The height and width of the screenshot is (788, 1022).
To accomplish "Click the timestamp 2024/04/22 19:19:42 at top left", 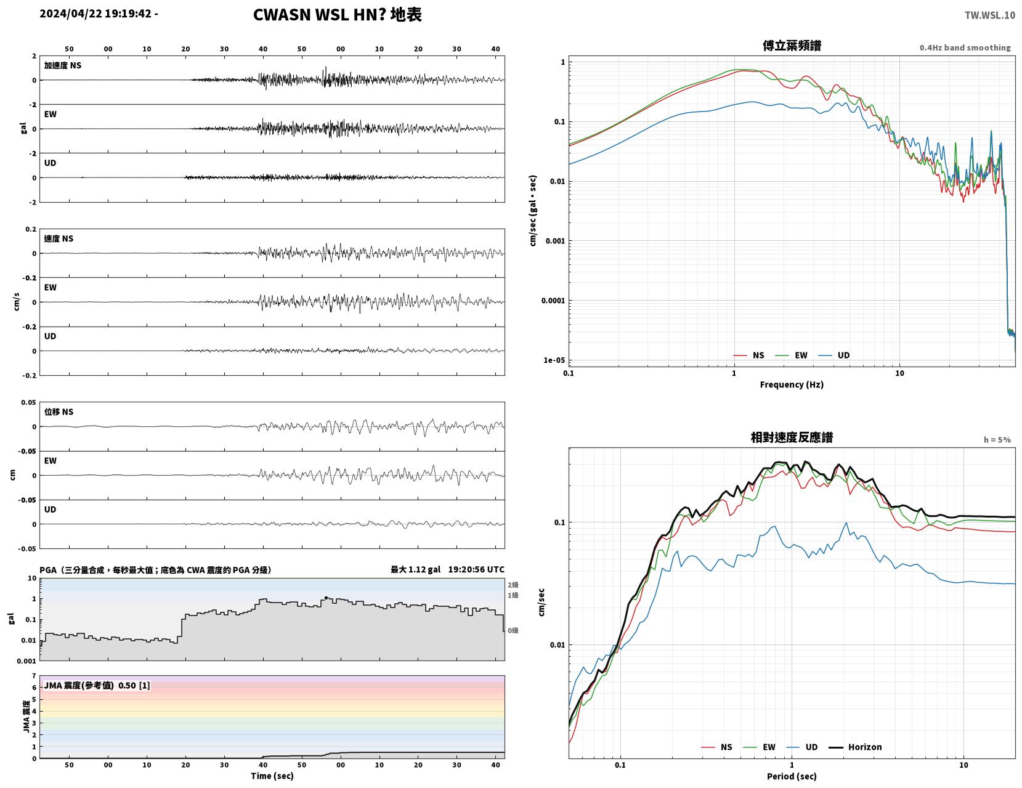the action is (95, 14).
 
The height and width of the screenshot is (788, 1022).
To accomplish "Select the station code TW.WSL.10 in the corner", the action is (990, 15).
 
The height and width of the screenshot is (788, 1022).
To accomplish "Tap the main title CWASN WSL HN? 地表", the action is (337, 15).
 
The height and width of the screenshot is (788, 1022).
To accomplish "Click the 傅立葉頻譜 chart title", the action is (792, 46).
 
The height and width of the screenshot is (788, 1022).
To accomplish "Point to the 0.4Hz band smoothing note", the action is (965, 47).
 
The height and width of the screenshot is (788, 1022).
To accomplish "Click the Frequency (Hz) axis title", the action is (792, 384).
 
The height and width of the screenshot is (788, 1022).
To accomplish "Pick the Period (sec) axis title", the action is (792, 776).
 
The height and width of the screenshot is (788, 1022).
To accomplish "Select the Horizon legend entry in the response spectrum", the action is (855, 747).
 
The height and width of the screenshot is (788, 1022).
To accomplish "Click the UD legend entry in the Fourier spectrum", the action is (834, 355).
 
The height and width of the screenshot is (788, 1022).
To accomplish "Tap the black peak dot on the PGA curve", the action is (326, 598).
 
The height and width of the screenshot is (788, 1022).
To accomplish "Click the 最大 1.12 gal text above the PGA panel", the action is (415, 569).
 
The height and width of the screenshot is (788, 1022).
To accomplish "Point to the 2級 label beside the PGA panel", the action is (513, 585).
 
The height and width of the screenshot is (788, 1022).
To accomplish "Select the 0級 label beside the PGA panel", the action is (513, 630).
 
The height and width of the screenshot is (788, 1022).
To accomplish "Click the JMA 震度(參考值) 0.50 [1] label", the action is (97, 686).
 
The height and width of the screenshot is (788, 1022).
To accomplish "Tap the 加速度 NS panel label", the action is (63, 65).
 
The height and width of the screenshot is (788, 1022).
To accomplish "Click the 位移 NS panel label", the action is (59, 412).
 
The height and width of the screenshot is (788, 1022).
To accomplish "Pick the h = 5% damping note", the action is (997, 440).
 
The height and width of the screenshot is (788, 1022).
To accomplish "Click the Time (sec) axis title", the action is (272, 776).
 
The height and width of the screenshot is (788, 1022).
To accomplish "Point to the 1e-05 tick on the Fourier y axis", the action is (554, 360).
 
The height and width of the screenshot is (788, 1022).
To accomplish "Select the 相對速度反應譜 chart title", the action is (792, 437).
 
